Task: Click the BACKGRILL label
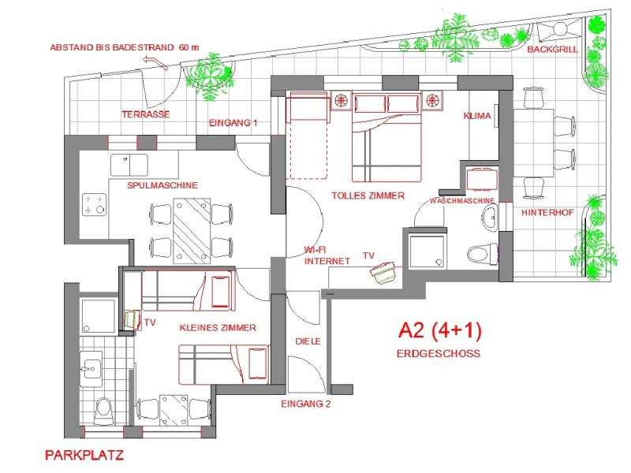click(552, 49)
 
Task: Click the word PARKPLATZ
click(84, 455)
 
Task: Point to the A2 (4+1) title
click(439, 331)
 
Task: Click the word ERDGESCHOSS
click(438, 354)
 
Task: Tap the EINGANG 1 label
click(233, 123)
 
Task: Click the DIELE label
click(307, 341)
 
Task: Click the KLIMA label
click(478, 116)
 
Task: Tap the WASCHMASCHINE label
click(462, 201)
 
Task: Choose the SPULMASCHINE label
click(162, 185)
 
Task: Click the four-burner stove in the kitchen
click(95, 204)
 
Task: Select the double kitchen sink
click(129, 164)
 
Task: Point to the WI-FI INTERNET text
click(316, 253)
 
